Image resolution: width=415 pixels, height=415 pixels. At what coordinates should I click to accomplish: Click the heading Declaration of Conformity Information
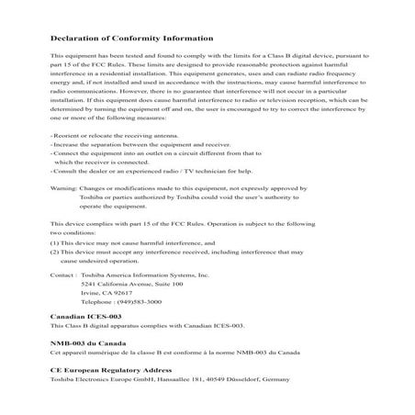click(x=118, y=39)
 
